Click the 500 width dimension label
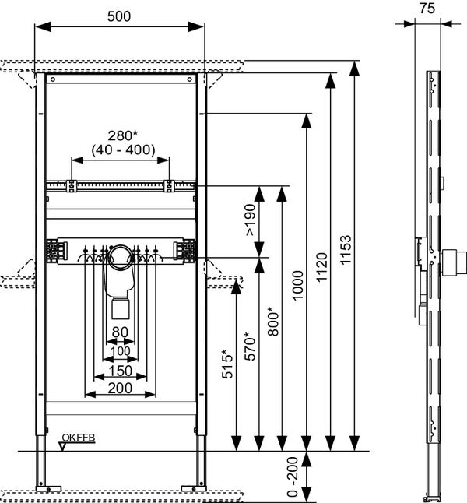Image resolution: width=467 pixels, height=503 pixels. pyautogui.click(x=119, y=16)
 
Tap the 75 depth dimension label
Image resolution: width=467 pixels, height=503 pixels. pyautogui.click(x=427, y=8)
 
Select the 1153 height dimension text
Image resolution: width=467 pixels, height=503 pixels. pyautogui.click(x=346, y=250)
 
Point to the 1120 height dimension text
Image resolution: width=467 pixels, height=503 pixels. pyautogui.click(x=321, y=267)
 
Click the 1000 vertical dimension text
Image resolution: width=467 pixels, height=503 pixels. pyautogui.click(x=297, y=285)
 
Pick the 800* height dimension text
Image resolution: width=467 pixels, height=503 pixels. pyautogui.click(x=274, y=321)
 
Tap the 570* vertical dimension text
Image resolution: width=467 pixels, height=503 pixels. pyautogui.click(x=250, y=346)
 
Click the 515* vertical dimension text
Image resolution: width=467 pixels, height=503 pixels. pyautogui.click(x=227, y=364)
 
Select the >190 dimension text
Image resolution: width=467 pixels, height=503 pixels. pyautogui.click(x=251, y=220)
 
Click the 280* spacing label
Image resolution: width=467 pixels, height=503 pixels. pyautogui.click(x=122, y=135)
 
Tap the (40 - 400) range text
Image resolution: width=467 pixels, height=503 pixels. pyautogui.click(x=124, y=149)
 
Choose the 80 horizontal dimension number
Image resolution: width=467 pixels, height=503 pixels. pyautogui.click(x=120, y=332)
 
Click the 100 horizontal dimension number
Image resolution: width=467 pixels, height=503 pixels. pyautogui.click(x=121, y=351)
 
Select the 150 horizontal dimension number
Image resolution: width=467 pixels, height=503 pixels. pyautogui.click(x=121, y=371)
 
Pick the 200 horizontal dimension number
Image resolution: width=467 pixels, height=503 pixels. pyautogui.click(x=120, y=389)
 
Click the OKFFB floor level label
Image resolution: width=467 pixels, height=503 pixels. pyautogui.click(x=79, y=438)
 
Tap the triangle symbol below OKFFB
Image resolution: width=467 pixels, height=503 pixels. pyautogui.click(x=62, y=446)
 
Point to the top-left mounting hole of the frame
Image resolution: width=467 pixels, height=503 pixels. pyautogui.click(x=53, y=79)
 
